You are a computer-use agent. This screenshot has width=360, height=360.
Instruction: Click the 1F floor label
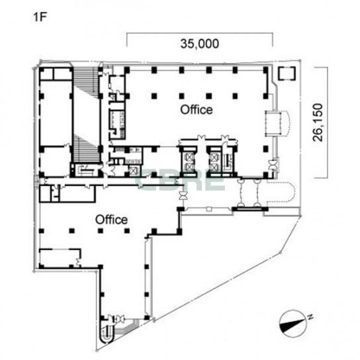pyautogui.click(x=40, y=17)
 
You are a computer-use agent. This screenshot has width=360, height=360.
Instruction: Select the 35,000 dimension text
pyautogui.click(x=199, y=44)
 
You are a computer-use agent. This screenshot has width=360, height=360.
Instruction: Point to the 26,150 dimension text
pyautogui.click(x=318, y=122)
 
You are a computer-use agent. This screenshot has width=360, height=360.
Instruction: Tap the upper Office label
pyautogui.click(x=197, y=110)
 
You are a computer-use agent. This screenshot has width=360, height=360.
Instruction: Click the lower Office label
pyautogui.click(x=111, y=220)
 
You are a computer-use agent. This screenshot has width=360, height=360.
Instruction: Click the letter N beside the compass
pyautogui.click(x=310, y=317)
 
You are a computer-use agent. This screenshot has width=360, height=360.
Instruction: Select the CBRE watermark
pyautogui.click(x=180, y=180)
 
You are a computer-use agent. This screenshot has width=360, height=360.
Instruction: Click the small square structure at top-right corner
pyautogui.click(x=287, y=73)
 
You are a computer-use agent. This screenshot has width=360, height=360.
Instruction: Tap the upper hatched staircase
pyautogui.click(x=86, y=83)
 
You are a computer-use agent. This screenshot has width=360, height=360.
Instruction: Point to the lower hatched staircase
pyautogui.click(x=86, y=148)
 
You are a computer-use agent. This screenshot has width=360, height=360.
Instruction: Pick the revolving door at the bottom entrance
pyautogui.click(x=119, y=319)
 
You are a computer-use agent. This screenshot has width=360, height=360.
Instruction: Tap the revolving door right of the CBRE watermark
pyautogui.click(x=184, y=196)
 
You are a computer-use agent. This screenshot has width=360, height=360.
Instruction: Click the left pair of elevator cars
pyautogui.click(x=188, y=161)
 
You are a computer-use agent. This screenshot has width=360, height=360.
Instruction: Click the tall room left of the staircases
pyautogui.click(x=56, y=112)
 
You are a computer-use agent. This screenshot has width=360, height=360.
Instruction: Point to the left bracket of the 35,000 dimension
pyautogui.click(x=127, y=40)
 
